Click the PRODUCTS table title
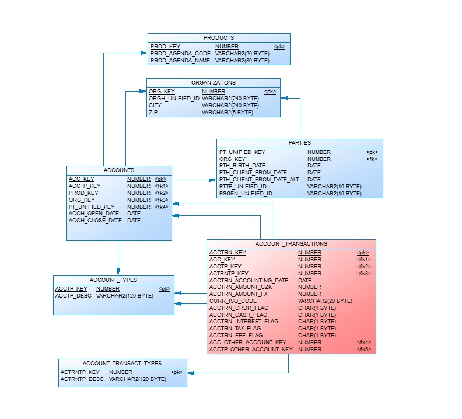(x=219, y=38)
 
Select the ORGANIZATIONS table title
(x=213, y=83)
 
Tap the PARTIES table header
(x=300, y=143)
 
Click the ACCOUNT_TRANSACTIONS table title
(x=291, y=244)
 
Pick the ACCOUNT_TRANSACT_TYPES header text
(x=123, y=364)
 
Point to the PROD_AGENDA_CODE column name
(x=180, y=54)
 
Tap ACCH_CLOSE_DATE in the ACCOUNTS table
(x=95, y=221)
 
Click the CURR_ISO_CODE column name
(x=233, y=301)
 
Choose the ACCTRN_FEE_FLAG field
(x=236, y=336)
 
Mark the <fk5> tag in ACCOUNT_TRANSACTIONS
(x=364, y=350)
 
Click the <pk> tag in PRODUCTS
(x=279, y=47)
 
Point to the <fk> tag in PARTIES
(x=372, y=159)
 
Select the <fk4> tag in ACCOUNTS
(x=161, y=207)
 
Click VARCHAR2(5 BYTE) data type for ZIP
(x=228, y=113)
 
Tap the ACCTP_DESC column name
(x=73, y=296)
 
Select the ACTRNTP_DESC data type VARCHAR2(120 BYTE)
(x=138, y=379)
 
